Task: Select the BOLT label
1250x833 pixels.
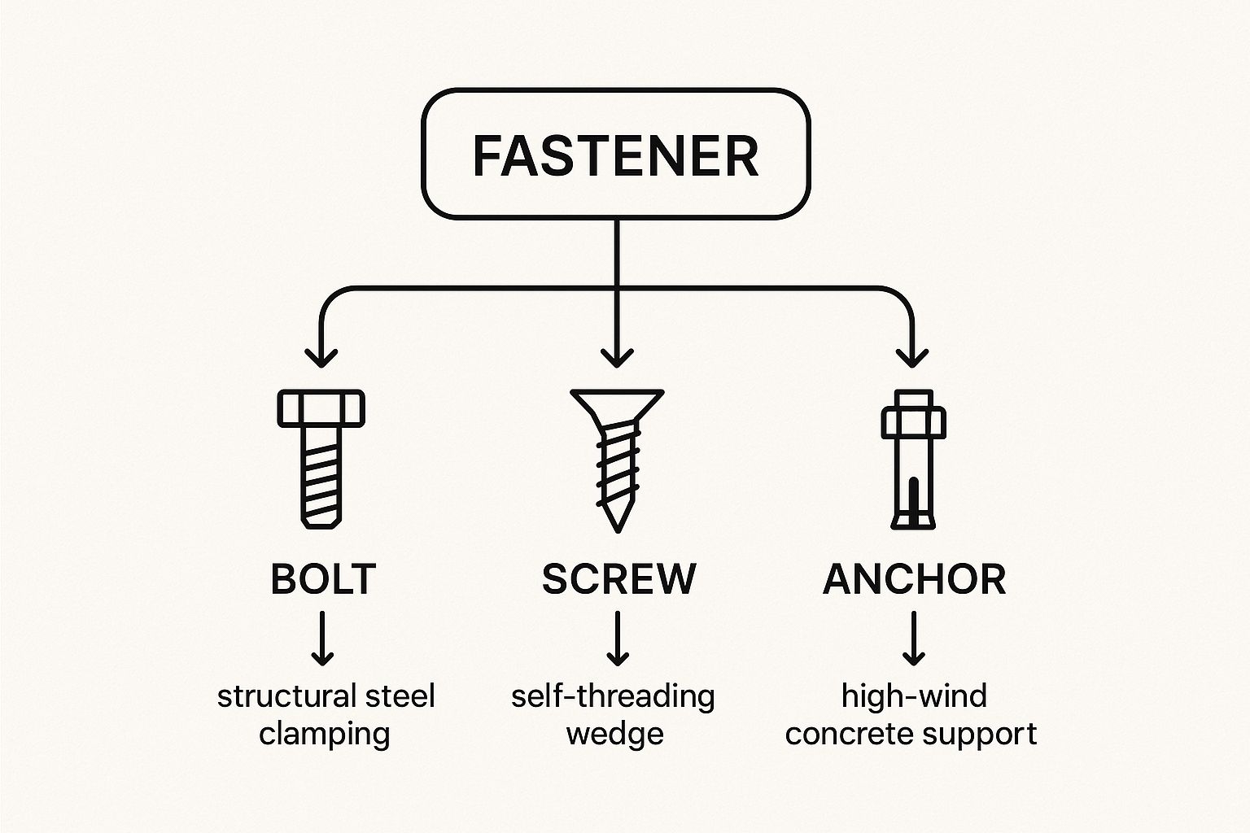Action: coord(323,579)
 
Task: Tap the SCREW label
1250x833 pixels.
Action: coord(618,579)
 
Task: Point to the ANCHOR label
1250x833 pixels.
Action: coord(914,579)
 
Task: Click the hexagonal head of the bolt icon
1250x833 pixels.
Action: coord(321,408)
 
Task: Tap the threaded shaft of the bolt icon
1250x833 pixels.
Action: coord(321,476)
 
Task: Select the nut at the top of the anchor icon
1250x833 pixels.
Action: coord(913,420)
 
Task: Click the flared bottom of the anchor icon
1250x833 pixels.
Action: coord(913,519)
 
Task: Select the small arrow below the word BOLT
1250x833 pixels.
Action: coord(323,639)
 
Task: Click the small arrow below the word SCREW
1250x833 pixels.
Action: coord(617,639)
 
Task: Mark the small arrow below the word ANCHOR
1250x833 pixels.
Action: coord(913,639)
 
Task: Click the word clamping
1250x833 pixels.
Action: coord(325,734)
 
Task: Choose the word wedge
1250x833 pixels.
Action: coord(614,734)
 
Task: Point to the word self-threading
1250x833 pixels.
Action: coord(613,697)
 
